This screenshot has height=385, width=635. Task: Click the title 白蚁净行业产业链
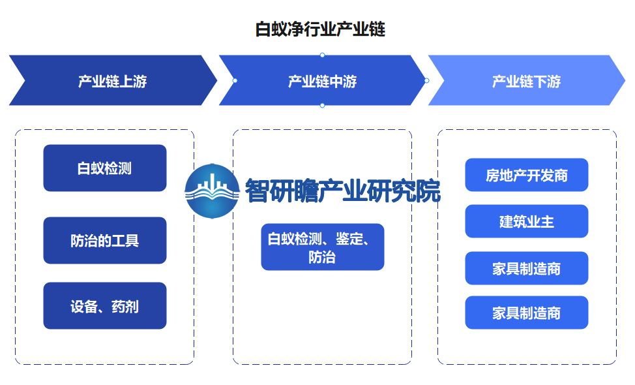point(320,29)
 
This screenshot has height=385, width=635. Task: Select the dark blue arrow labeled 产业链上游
point(113,80)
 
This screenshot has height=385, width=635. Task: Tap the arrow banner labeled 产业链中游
point(322,80)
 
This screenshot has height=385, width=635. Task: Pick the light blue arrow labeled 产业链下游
point(527,80)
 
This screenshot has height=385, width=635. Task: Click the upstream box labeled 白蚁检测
point(105,168)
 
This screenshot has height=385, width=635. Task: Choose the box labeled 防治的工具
point(105,240)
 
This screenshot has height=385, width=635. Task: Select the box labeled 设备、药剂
point(105,305)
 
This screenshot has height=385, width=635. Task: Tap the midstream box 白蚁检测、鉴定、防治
point(322,247)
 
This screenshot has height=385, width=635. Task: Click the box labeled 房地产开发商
point(527,175)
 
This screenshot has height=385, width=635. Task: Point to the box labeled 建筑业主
point(527,221)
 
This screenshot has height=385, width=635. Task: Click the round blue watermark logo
point(212,191)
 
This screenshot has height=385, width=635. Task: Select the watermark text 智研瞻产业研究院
point(343,191)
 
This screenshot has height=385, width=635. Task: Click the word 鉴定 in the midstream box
point(349,239)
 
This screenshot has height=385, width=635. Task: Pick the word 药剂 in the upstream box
point(125,307)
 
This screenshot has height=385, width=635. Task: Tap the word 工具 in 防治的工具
point(125,241)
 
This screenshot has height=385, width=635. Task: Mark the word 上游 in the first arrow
point(133,82)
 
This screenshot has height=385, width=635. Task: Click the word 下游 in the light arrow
point(547,82)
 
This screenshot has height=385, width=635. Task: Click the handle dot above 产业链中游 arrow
point(322,55)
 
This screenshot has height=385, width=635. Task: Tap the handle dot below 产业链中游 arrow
point(322,105)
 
